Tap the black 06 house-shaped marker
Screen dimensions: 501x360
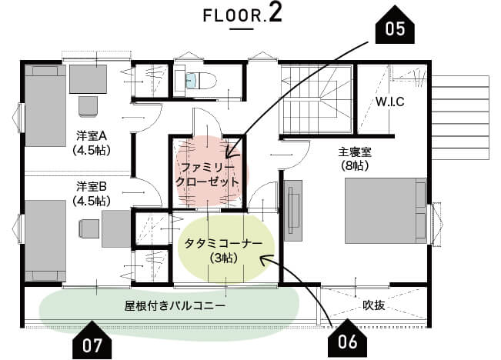[x=348, y=340]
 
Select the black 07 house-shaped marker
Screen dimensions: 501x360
[x=92, y=342]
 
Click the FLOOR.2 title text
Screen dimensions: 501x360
[x=242, y=14]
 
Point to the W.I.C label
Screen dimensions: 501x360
[x=390, y=102]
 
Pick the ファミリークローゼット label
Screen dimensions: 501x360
[x=208, y=175]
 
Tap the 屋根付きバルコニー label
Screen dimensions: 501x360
[x=175, y=306]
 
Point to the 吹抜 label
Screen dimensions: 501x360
[x=373, y=305]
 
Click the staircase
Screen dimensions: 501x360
[x=316, y=99]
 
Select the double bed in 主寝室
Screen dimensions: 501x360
[x=386, y=211]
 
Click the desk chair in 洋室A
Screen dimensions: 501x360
[x=88, y=106]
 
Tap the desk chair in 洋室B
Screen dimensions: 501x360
[x=89, y=228]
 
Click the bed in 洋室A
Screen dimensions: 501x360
[x=45, y=105]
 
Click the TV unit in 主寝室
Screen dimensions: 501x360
[x=293, y=211]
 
